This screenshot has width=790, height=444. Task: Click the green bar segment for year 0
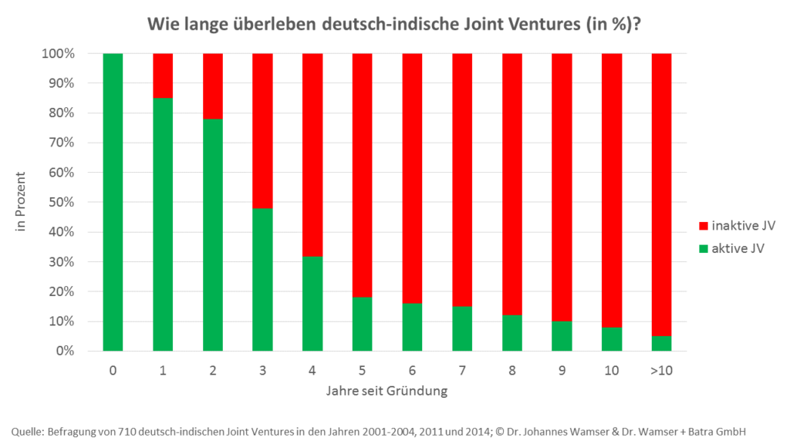(x=113, y=202)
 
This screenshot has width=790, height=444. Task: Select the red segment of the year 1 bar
(x=163, y=76)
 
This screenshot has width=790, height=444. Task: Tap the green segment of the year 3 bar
(x=262, y=279)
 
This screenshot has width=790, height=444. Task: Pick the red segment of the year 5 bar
(x=363, y=175)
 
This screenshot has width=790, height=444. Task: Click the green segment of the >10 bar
(x=661, y=343)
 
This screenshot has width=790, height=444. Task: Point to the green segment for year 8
(x=512, y=333)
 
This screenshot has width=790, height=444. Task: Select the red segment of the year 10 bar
(x=612, y=190)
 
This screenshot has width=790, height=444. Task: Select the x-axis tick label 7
(x=462, y=371)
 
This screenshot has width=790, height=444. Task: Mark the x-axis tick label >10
(x=661, y=371)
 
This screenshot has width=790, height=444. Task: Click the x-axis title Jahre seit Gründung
(x=386, y=391)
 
